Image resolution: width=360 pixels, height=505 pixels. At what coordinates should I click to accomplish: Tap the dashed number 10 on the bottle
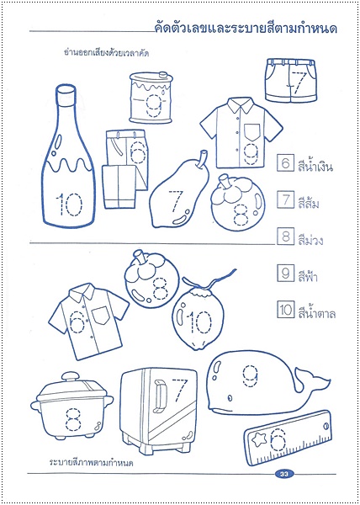coord(68,205)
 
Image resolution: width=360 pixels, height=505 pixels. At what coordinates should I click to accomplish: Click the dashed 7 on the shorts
coord(297,83)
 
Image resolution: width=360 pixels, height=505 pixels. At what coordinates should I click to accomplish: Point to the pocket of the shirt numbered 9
coord(251,132)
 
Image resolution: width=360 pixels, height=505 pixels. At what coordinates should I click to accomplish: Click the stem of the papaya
coord(202,159)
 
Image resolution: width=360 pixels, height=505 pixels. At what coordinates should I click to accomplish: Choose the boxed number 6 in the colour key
coord(285,163)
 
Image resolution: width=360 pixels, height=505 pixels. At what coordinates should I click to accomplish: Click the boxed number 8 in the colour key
coord(285,237)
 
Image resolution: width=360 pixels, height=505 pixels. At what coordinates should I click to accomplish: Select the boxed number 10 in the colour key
coord(285,310)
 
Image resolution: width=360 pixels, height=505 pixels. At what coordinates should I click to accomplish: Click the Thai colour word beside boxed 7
coord(309,204)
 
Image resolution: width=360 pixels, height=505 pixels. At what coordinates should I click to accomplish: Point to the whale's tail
coord(313,379)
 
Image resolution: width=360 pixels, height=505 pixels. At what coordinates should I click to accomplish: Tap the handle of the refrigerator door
coord(160,396)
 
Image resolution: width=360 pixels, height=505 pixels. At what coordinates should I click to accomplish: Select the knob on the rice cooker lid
coord(71,377)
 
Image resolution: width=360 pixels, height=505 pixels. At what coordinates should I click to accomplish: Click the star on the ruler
coord(258,440)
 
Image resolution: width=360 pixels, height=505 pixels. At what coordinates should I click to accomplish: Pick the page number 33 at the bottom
coord(283,474)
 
